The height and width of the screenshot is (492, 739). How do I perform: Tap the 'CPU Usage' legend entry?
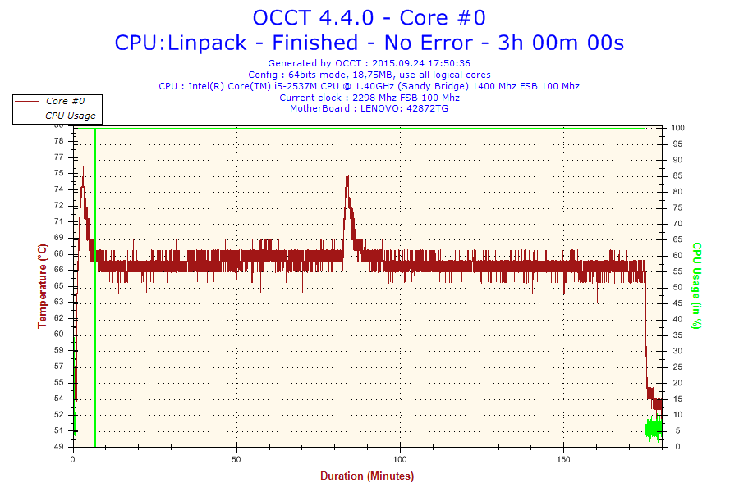pos(70,116)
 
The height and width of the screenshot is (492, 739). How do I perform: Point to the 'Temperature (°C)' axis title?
pos(42,285)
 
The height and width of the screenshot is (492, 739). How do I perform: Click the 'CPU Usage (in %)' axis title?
pos(696,285)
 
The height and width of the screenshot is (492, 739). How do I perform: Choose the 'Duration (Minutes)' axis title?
pos(367,476)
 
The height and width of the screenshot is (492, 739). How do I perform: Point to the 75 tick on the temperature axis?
pos(57,173)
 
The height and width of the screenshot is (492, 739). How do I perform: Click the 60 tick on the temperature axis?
pos(57,334)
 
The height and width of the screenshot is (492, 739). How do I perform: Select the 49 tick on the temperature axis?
pos(57,447)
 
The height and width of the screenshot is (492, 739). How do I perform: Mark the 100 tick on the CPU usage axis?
pos(678,128)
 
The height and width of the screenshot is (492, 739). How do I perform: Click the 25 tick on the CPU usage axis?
pos(677,367)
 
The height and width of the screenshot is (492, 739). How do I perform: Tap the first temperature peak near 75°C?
pos(82,169)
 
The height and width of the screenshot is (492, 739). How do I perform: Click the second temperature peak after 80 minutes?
pos(347,178)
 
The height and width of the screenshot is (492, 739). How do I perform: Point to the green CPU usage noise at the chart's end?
pos(653,429)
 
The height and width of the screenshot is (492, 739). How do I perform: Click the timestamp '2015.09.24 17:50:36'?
pos(420,62)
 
